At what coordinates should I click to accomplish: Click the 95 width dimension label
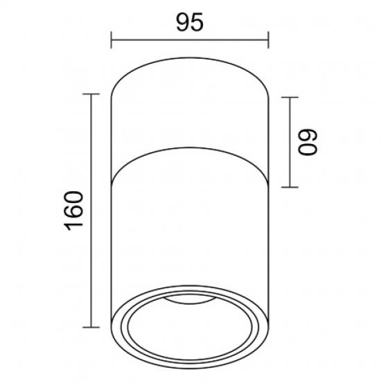(190, 22)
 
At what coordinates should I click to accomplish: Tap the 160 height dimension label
(73, 211)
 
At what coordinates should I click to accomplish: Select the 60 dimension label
(308, 142)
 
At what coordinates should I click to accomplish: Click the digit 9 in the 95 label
(183, 22)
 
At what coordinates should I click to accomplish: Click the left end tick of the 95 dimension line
(111, 40)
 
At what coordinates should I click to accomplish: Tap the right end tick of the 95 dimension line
(268, 40)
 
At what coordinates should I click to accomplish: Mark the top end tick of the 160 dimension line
(91, 94)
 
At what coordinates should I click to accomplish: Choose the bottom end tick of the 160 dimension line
(91, 327)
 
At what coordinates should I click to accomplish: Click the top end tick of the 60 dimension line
(290, 97)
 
